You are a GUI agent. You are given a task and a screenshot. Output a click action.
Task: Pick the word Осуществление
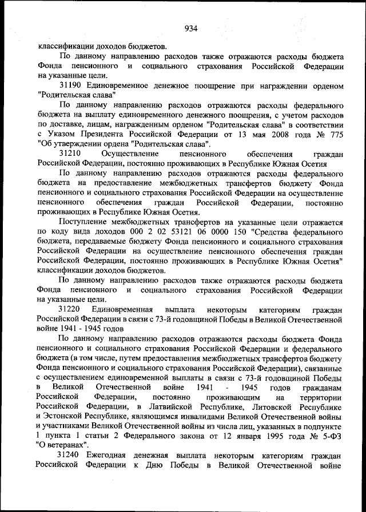(x=132, y=154)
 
